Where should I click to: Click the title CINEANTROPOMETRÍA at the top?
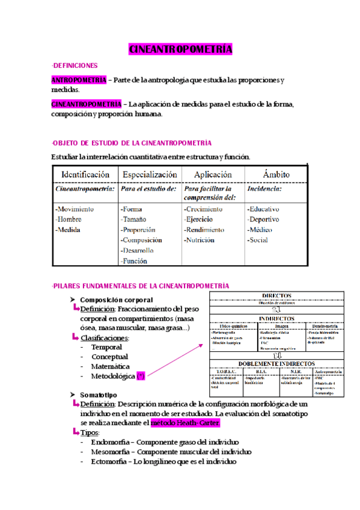click(x=180, y=49)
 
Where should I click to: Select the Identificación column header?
click(x=85, y=174)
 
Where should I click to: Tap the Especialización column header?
click(x=150, y=174)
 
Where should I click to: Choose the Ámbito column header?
click(x=276, y=174)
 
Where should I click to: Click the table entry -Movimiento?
click(x=75, y=209)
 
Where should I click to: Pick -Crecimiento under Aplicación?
click(x=204, y=209)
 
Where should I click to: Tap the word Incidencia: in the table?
click(x=264, y=188)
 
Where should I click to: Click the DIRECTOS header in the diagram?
click(x=276, y=296)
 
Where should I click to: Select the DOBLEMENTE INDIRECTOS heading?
click(x=276, y=364)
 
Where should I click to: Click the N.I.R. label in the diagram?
click(x=295, y=371)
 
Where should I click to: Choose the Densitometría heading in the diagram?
click(x=325, y=326)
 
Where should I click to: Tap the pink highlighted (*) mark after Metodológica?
click(x=141, y=376)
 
